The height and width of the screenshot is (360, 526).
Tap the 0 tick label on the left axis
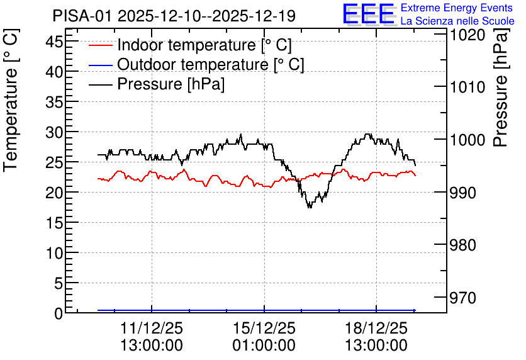click(59, 313)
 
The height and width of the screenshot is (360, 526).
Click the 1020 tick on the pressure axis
click(467, 35)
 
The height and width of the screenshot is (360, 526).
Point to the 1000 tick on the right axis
click(467, 140)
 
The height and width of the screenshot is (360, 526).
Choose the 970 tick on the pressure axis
click(463, 298)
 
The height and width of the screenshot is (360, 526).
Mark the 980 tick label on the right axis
click(463, 245)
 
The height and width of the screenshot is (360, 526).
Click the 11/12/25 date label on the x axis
click(152, 328)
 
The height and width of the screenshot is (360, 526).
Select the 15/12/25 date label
click(264, 328)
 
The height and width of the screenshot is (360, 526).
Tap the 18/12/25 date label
click(376, 328)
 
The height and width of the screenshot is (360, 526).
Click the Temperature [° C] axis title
click(11, 100)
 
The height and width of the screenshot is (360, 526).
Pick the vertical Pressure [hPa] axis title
click(500, 87)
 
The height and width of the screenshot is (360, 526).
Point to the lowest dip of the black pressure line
click(310, 207)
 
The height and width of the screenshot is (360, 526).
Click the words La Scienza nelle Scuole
click(457, 21)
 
